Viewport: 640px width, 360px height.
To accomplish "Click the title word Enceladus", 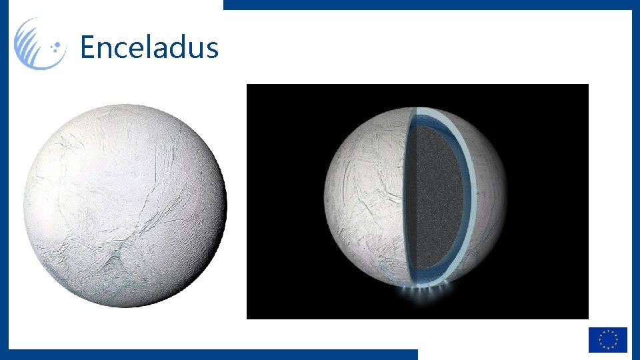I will (x=149, y=48).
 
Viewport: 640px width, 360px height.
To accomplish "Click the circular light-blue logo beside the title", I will (x=40, y=44).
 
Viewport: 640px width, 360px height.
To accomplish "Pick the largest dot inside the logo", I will (x=58, y=47).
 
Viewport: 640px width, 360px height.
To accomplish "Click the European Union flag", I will (x=607, y=339).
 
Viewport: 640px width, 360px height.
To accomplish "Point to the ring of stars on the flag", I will (x=607, y=339).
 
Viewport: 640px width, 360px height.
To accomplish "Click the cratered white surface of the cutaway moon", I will (x=363, y=200).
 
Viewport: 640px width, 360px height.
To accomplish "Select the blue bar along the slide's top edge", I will (x=427, y=4).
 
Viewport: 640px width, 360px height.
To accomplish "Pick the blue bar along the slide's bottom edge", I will (x=213, y=354).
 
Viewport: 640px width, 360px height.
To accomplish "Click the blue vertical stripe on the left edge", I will (x=3, y=200).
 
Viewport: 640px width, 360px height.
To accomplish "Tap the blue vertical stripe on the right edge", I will (x=635, y=167).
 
